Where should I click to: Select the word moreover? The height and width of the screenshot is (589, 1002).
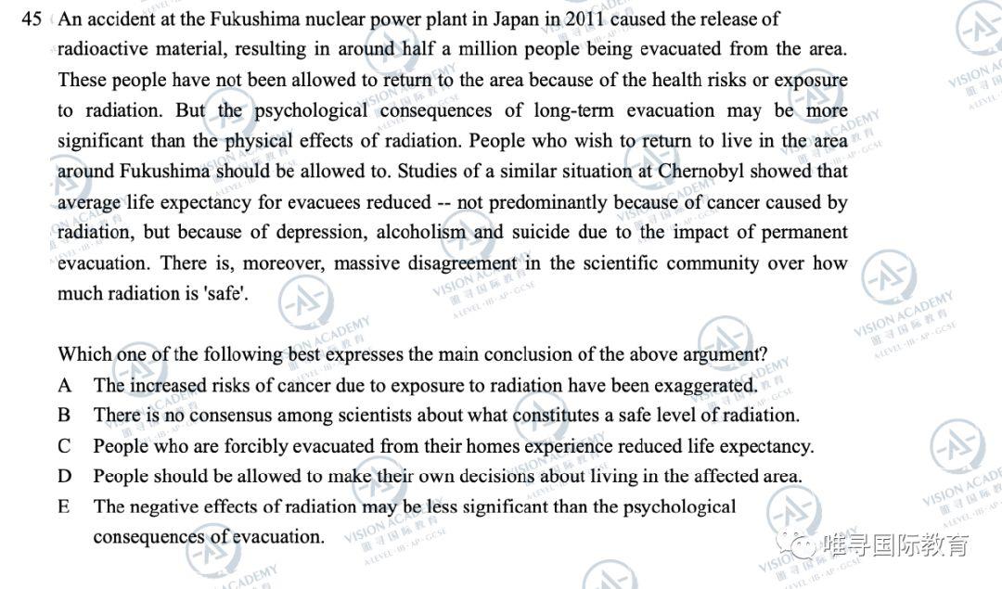(x=274, y=262)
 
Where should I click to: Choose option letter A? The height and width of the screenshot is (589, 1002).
(x=65, y=385)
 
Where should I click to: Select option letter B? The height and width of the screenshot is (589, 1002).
(x=65, y=416)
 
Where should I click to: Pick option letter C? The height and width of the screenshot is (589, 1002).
(x=65, y=446)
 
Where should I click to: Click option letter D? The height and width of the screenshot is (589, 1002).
(x=65, y=477)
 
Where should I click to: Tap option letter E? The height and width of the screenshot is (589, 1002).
(x=65, y=507)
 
